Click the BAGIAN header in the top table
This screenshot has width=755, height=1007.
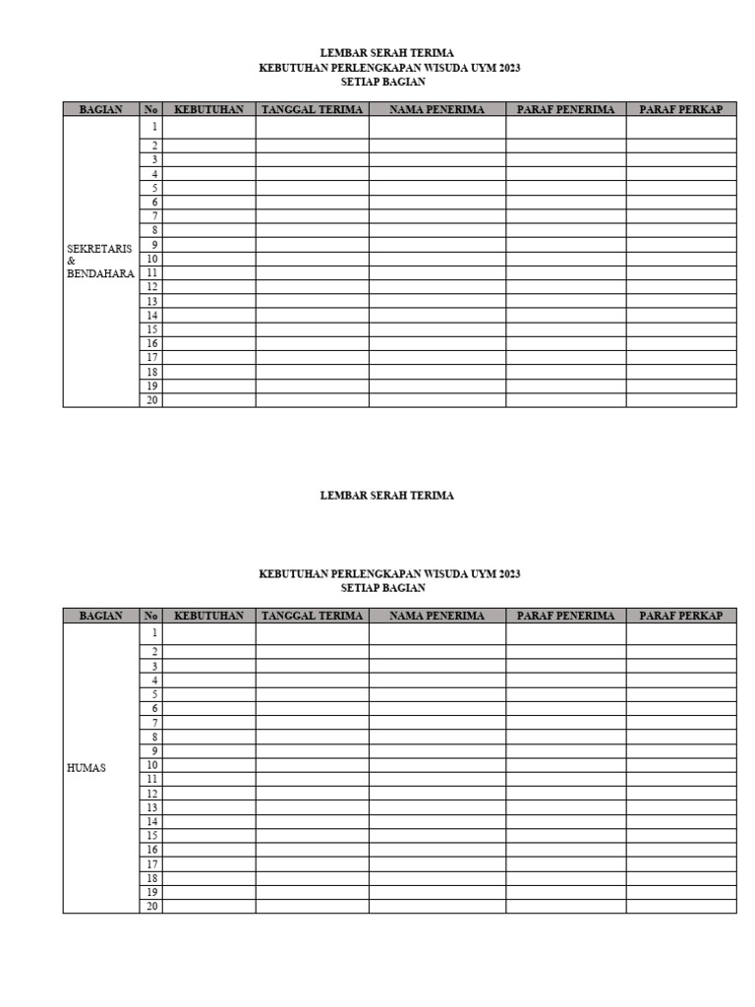tap(101, 110)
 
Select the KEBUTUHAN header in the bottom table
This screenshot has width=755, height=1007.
tap(208, 616)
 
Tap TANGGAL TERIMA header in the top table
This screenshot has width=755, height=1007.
tap(313, 110)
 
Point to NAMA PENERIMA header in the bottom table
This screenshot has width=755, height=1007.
tap(437, 616)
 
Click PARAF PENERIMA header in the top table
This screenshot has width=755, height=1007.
tap(565, 110)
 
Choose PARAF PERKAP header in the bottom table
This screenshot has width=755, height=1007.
tap(681, 616)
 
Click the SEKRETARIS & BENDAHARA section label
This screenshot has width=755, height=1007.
tap(99, 262)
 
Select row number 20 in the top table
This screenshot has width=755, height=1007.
tap(152, 400)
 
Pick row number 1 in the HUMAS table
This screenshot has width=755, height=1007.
tap(153, 633)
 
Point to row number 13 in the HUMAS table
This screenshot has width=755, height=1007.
tap(152, 807)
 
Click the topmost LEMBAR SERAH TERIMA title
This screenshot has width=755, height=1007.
tap(387, 52)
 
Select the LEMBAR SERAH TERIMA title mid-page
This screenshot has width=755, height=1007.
tap(387, 496)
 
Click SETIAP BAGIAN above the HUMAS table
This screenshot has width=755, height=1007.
tap(383, 588)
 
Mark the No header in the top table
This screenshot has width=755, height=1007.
tap(151, 110)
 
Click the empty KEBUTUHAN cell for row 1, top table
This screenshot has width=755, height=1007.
tap(208, 128)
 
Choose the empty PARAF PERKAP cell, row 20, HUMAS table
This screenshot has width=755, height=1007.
tap(681, 906)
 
